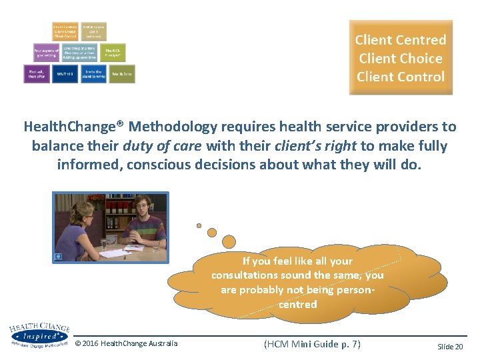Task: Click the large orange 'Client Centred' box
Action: pos(401,58)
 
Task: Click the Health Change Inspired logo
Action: pos(39,336)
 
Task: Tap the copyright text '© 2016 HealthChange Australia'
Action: pos(127,343)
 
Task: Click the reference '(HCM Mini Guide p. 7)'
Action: pos(312,344)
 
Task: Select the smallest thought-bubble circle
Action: pos(199,225)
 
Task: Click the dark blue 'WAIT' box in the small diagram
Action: pos(65,74)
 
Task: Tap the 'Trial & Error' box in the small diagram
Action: pos(122,74)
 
